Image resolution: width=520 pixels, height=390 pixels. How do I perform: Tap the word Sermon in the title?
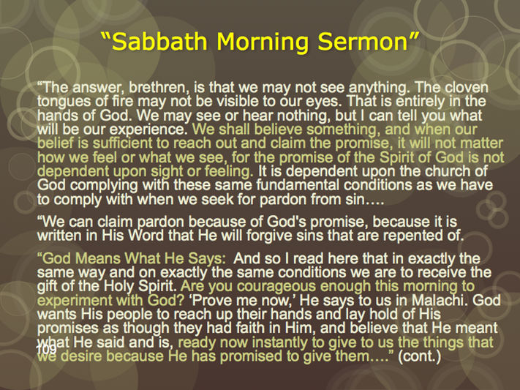362,42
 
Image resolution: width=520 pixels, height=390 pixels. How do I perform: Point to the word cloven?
467,88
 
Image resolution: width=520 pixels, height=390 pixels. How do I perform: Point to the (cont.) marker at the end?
419,356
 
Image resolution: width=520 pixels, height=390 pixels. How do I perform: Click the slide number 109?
47,349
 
